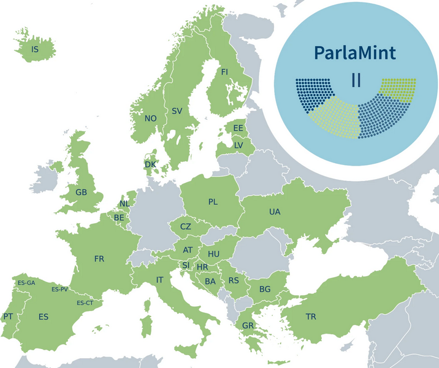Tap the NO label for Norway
point(151,118)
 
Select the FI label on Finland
point(224,72)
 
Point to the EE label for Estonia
point(238,128)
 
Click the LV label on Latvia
point(239,145)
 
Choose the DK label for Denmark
point(150,164)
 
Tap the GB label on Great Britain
point(81,192)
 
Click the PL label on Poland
point(213,202)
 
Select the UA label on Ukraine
point(274,212)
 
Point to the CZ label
point(185,226)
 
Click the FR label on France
point(99,259)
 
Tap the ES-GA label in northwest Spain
point(26,283)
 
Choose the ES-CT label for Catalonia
point(85,303)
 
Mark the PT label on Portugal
point(8,316)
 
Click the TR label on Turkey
point(311,316)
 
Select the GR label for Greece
point(248,325)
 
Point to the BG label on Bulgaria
point(265,289)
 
